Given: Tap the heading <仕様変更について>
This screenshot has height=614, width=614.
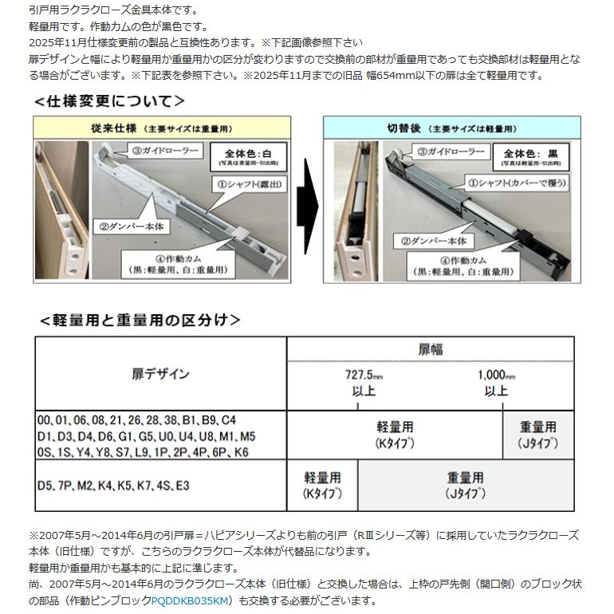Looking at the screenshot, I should coord(109,101).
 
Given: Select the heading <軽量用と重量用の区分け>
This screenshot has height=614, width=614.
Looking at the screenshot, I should coord(140,320).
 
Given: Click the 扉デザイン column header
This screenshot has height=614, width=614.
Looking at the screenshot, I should coord(160,373).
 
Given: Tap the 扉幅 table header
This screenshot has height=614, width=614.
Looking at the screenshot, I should coord(431,349).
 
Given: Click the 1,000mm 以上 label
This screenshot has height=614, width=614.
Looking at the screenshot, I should coord(496,382).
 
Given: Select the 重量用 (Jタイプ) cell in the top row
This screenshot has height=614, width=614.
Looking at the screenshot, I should coord(538,435).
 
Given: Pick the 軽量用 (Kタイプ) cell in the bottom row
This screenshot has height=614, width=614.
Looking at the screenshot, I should coord(322,485).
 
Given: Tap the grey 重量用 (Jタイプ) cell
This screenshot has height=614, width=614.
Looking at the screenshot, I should coord(466,485).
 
